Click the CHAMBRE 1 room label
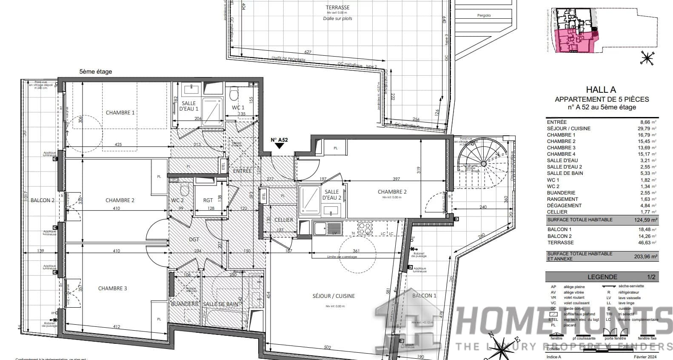pos(120,113)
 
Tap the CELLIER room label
pos(284,220)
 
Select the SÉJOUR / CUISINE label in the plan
pos(334,296)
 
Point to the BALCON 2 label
pos(43,200)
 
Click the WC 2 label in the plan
pos(177,200)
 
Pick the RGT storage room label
pos(208,200)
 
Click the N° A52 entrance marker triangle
pos(279,146)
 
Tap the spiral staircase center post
pos(483,164)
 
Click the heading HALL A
pos(601,89)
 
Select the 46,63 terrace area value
pos(645,243)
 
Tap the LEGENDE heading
pos(602,277)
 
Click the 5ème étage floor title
pos(96,72)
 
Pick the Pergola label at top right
pos(484,15)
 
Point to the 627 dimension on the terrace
pos(308,52)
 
